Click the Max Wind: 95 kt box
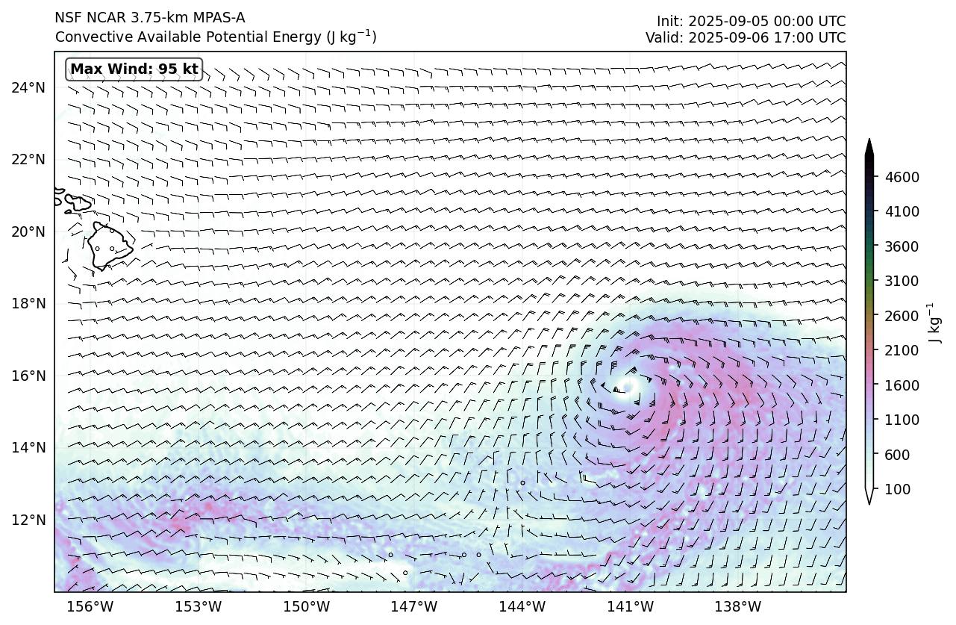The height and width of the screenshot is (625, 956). (134, 69)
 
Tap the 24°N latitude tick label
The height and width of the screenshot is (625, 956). (28, 88)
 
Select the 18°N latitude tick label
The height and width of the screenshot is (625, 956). (28, 304)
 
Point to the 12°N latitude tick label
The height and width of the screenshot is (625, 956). (28, 520)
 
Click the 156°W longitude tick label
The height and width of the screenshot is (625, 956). (91, 606)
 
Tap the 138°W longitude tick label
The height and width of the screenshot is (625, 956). (739, 606)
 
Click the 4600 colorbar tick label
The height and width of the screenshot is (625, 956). (902, 177)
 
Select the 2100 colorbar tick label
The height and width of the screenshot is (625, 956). (902, 350)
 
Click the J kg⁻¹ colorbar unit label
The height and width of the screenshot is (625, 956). (933, 323)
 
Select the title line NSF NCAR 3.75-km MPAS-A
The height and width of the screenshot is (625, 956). (149, 18)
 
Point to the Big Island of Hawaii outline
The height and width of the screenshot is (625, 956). (108, 245)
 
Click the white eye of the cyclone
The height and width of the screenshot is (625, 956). (626, 386)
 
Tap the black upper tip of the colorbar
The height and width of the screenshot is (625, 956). (869, 145)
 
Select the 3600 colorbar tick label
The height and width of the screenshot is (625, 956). (902, 246)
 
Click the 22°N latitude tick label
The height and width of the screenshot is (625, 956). (28, 160)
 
